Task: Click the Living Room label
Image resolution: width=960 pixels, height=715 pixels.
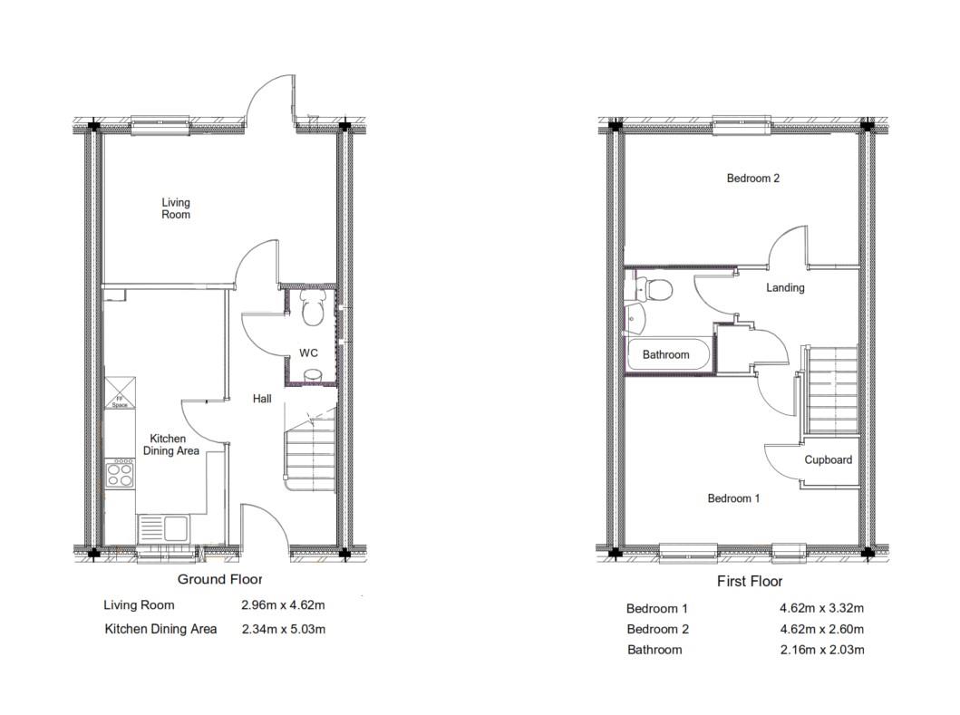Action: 176,208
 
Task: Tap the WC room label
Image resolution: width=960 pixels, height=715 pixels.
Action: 308,353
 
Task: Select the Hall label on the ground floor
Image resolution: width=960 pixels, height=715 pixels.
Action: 262,399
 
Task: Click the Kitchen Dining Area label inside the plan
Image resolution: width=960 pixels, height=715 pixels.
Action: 174,445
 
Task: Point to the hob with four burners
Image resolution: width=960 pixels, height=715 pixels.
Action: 120,473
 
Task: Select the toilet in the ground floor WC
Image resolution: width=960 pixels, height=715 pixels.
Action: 312,309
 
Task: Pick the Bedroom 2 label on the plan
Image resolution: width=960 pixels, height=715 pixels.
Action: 752,179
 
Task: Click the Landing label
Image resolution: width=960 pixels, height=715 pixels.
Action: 785,288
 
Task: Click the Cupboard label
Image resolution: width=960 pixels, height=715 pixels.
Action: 828,460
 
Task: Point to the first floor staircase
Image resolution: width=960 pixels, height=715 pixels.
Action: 831,390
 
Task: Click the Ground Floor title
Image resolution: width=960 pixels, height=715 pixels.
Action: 219,579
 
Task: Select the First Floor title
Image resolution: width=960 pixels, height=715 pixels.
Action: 749,582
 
